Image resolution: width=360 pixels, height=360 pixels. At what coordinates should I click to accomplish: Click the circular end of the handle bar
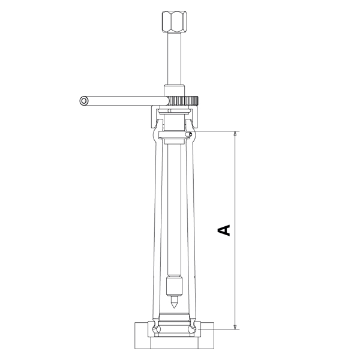point(83,101)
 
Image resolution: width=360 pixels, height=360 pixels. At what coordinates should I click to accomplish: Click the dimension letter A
point(224,229)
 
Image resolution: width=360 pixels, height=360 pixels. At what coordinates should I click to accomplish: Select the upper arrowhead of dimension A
point(235,136)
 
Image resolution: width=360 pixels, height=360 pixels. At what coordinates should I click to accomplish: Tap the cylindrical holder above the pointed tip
point(173,285)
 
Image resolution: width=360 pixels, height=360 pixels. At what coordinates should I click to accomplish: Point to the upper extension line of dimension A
point(216,131)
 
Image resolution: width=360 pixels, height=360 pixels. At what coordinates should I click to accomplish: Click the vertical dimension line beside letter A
point(235,180)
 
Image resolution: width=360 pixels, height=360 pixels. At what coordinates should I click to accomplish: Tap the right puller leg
point(190,228)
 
